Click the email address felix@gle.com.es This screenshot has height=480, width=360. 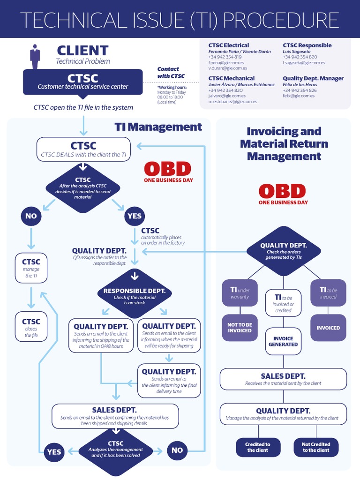(299, 96)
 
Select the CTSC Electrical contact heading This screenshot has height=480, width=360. (229, 45)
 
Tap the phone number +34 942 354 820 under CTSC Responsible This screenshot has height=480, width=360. (300, 57)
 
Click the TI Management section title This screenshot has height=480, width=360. (158, 127)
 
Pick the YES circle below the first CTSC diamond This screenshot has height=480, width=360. (135, 216)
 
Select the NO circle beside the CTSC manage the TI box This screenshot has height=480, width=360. (31, 216)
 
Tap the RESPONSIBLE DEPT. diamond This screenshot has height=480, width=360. (135, 294)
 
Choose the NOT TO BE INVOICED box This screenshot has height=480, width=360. (240, 328)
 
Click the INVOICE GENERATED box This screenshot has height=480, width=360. (283, 341)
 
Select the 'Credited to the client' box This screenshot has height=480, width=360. (258, 447)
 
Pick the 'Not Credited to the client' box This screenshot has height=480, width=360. (316, 447)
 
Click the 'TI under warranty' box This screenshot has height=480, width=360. (240, 293)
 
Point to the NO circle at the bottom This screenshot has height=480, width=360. (177, 450)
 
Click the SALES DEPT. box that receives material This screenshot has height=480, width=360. (283, 379)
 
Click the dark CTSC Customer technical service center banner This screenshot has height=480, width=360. (83, 81)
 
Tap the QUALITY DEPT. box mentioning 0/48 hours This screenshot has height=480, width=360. (101, 336)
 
